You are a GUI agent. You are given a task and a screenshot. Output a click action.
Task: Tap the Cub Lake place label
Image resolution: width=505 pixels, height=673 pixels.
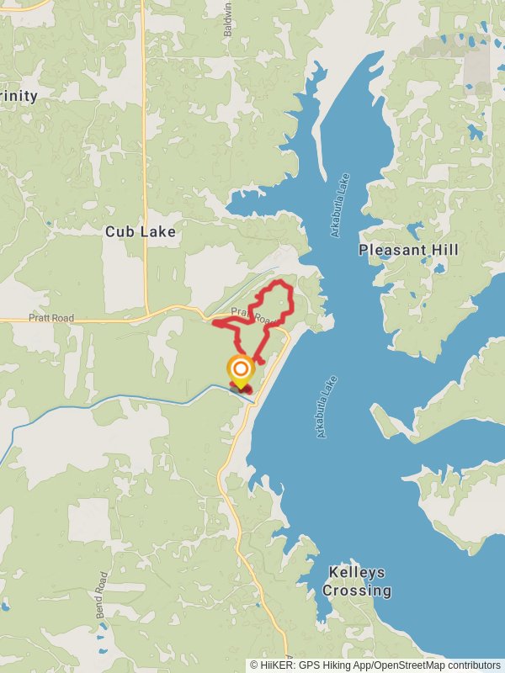coord(141,231)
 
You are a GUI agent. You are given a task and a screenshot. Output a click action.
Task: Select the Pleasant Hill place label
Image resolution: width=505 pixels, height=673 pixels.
coord(408,250)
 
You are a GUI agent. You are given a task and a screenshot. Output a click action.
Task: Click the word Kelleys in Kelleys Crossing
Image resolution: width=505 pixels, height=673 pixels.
coord(357,572)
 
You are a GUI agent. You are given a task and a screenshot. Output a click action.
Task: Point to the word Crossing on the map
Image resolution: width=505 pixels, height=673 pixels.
coord(357,591)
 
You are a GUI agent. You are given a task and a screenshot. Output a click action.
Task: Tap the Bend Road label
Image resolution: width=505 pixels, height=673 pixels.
coord(102,595)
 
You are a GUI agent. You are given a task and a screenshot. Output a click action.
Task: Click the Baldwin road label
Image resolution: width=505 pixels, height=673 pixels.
coord(226,17)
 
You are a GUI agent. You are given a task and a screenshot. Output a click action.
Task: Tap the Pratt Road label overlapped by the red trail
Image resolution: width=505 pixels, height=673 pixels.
coord(264,319)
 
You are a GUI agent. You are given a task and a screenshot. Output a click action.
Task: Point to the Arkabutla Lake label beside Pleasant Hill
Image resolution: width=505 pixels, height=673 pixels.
coord(339,206)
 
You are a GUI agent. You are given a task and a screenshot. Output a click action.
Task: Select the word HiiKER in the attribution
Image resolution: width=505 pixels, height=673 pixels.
coord(279,665)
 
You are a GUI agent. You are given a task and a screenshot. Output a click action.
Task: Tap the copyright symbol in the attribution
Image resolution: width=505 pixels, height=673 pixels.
coord(254,665)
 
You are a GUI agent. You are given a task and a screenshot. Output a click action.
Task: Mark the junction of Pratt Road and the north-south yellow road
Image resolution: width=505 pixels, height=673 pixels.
coord(146,318)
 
